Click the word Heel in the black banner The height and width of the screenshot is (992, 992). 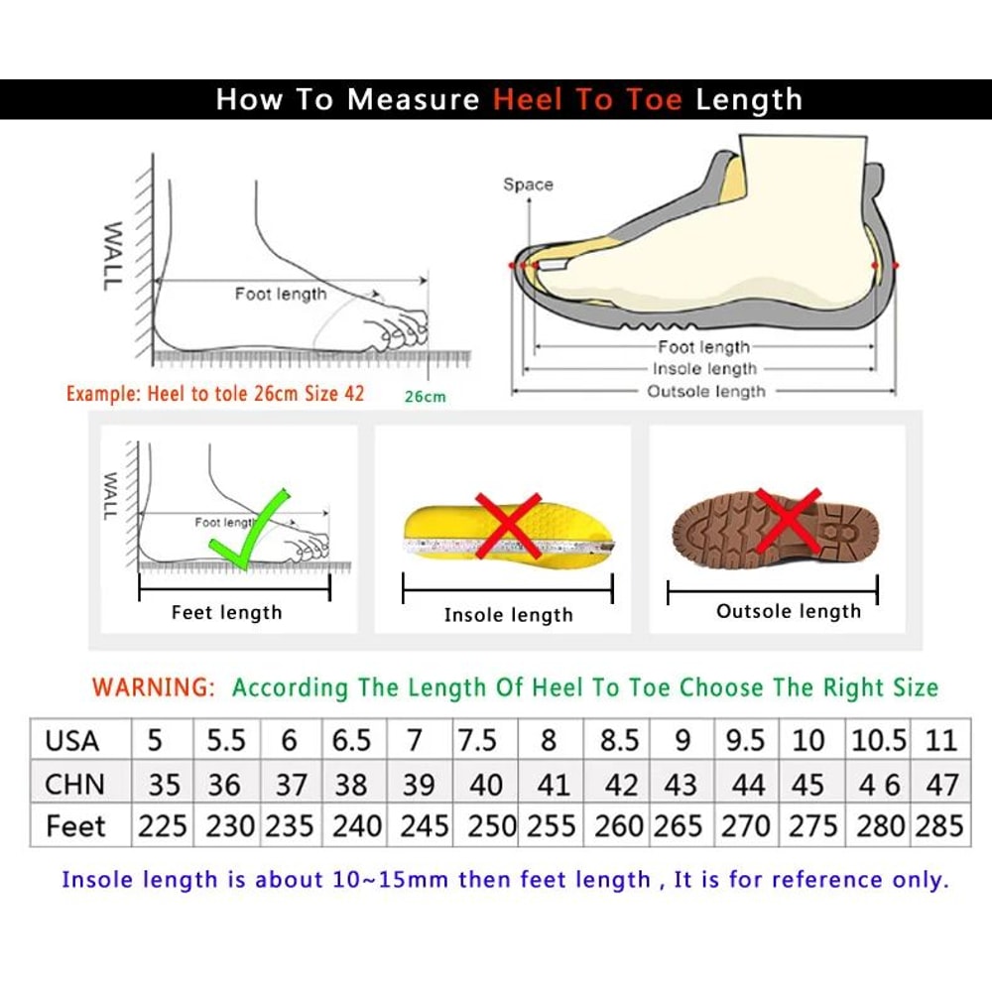[x=536, y=99]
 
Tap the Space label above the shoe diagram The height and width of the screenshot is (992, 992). [x=528, y=185]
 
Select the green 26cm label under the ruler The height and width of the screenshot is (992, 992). [x=426, y=397]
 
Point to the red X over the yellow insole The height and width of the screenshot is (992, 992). [x=507, y=524]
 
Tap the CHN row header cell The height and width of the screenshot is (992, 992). [x=74, y=784]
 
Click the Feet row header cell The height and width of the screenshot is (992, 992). [x=74, y=826]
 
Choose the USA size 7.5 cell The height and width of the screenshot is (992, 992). [x=476, y=740]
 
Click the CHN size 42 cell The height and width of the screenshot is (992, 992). [x=621, y=784]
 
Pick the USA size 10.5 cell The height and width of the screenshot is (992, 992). [x=878, y=740]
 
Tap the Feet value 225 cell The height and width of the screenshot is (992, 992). [x=164, y=826]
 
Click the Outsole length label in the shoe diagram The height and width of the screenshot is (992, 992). [x=706, y=392]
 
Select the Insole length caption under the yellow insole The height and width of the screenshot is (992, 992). [x=508, y=615]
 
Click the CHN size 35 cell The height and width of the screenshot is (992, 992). [x=164, y=784]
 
